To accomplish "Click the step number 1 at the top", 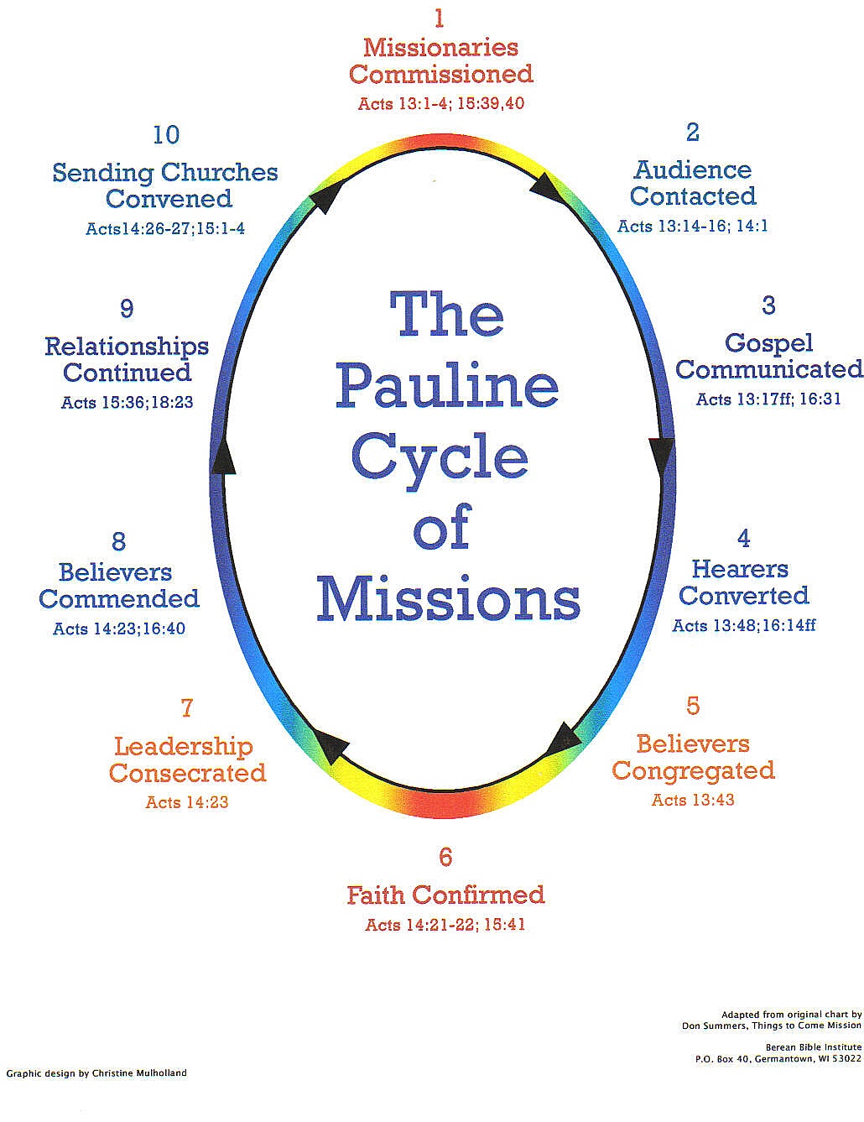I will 439,18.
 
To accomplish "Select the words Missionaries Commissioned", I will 441,60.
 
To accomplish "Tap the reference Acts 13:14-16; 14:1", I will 693,226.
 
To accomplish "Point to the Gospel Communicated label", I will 768,356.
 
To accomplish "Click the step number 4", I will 743,538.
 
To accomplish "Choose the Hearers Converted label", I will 743,582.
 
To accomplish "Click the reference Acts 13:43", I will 693,800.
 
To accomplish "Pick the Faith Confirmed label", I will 445,895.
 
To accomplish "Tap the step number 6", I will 445,857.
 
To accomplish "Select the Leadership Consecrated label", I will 187,759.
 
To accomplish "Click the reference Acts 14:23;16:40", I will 119,629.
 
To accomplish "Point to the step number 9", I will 127,308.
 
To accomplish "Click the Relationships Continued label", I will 127,359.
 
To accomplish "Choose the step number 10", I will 166,134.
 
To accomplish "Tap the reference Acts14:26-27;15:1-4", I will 165,228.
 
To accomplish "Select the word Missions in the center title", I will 448,599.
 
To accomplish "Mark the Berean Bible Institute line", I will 813,1046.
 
